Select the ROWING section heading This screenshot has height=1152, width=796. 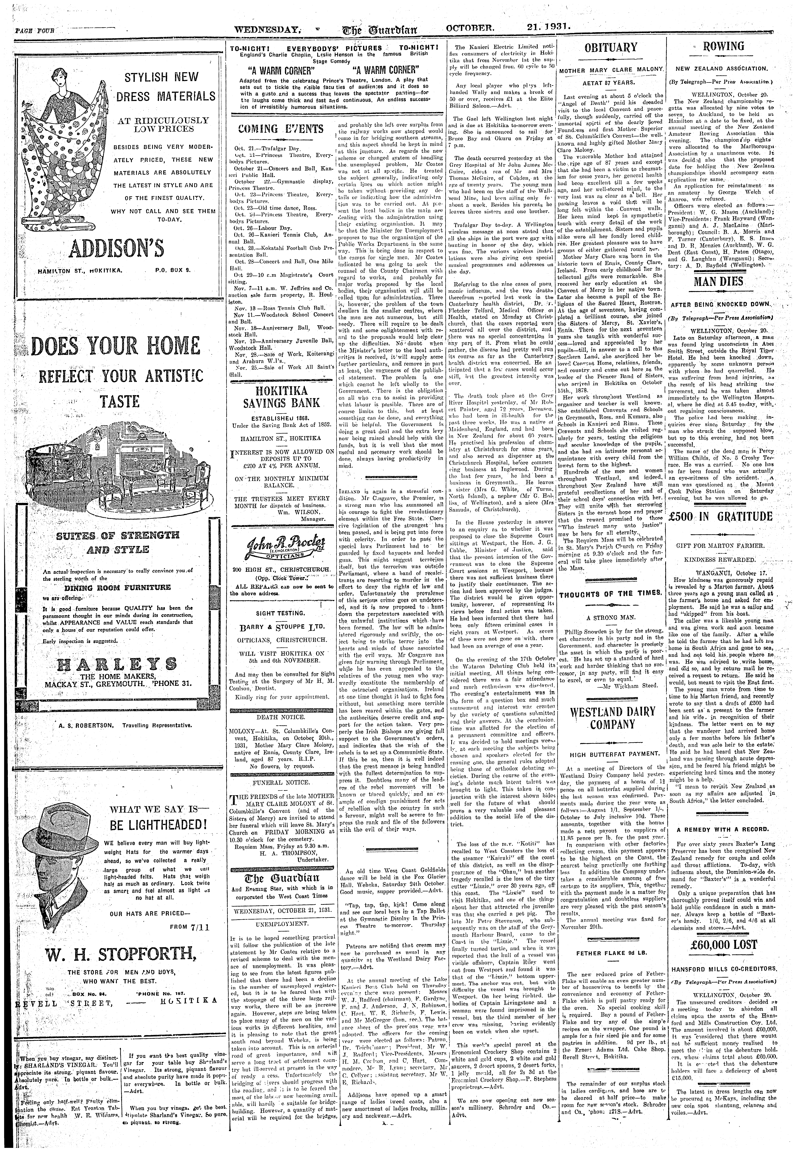coord(723,46)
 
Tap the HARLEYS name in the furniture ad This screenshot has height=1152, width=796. coord(118,663)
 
